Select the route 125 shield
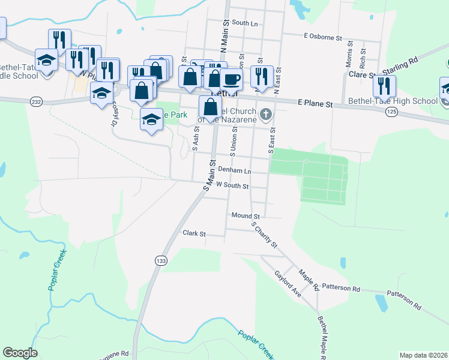(392, 112)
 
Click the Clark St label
(194, 233)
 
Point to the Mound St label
(244, 215)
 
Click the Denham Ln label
(234, 170)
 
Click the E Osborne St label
(323, 37)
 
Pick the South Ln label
(244, 23)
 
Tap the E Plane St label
(315, 104)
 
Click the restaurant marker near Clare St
(384, 86)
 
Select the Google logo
(20, 353)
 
